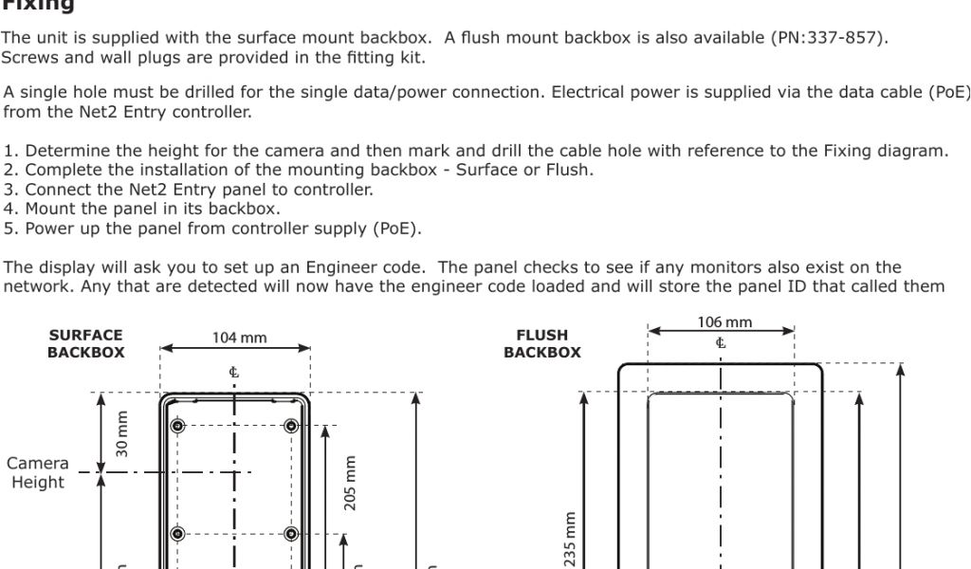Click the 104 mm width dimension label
click(x=239, y=338)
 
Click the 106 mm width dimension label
click(x=724, y=322)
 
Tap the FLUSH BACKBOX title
click(x=542, y=343)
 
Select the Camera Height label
click(x=38, y=472)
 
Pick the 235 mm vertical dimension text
click(x=570, y=540)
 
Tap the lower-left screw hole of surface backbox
click(x=177, y=533)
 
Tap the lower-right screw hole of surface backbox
click(x=291, y=533)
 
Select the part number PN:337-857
click(x=830, y=38)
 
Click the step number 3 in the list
click(x=9, y=190)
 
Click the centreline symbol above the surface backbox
click(x=234, y=372)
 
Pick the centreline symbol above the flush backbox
click(x=721, y=342)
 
